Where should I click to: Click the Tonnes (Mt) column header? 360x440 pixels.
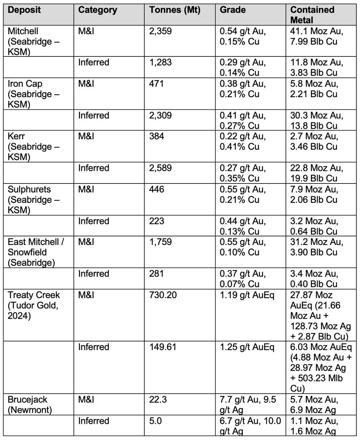[175, 10]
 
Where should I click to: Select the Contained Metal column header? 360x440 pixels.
[312, 15]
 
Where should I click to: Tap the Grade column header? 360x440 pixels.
[233, 10]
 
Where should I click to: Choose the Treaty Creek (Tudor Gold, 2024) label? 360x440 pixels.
[34, 305]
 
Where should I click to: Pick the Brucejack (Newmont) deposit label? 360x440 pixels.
[28, 405]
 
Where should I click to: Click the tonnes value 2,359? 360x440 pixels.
[161, 31]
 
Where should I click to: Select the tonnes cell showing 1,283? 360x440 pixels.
[161, 63]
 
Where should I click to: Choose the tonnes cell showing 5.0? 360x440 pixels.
[155, 421]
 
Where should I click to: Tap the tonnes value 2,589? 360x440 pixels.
[161, 168]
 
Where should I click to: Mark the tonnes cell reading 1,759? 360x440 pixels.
[161, 242]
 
